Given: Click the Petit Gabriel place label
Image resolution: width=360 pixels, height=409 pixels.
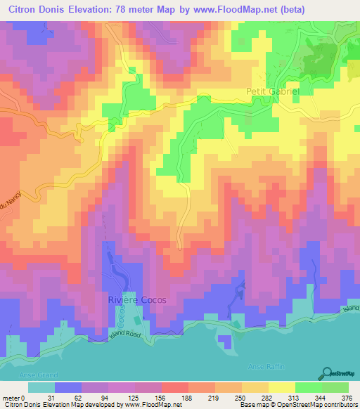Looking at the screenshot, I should coord(274,91).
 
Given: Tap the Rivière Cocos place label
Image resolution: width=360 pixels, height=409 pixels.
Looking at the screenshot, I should coord(137,299).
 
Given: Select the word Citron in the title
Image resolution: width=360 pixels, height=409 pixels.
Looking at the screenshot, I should coord(25,9).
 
